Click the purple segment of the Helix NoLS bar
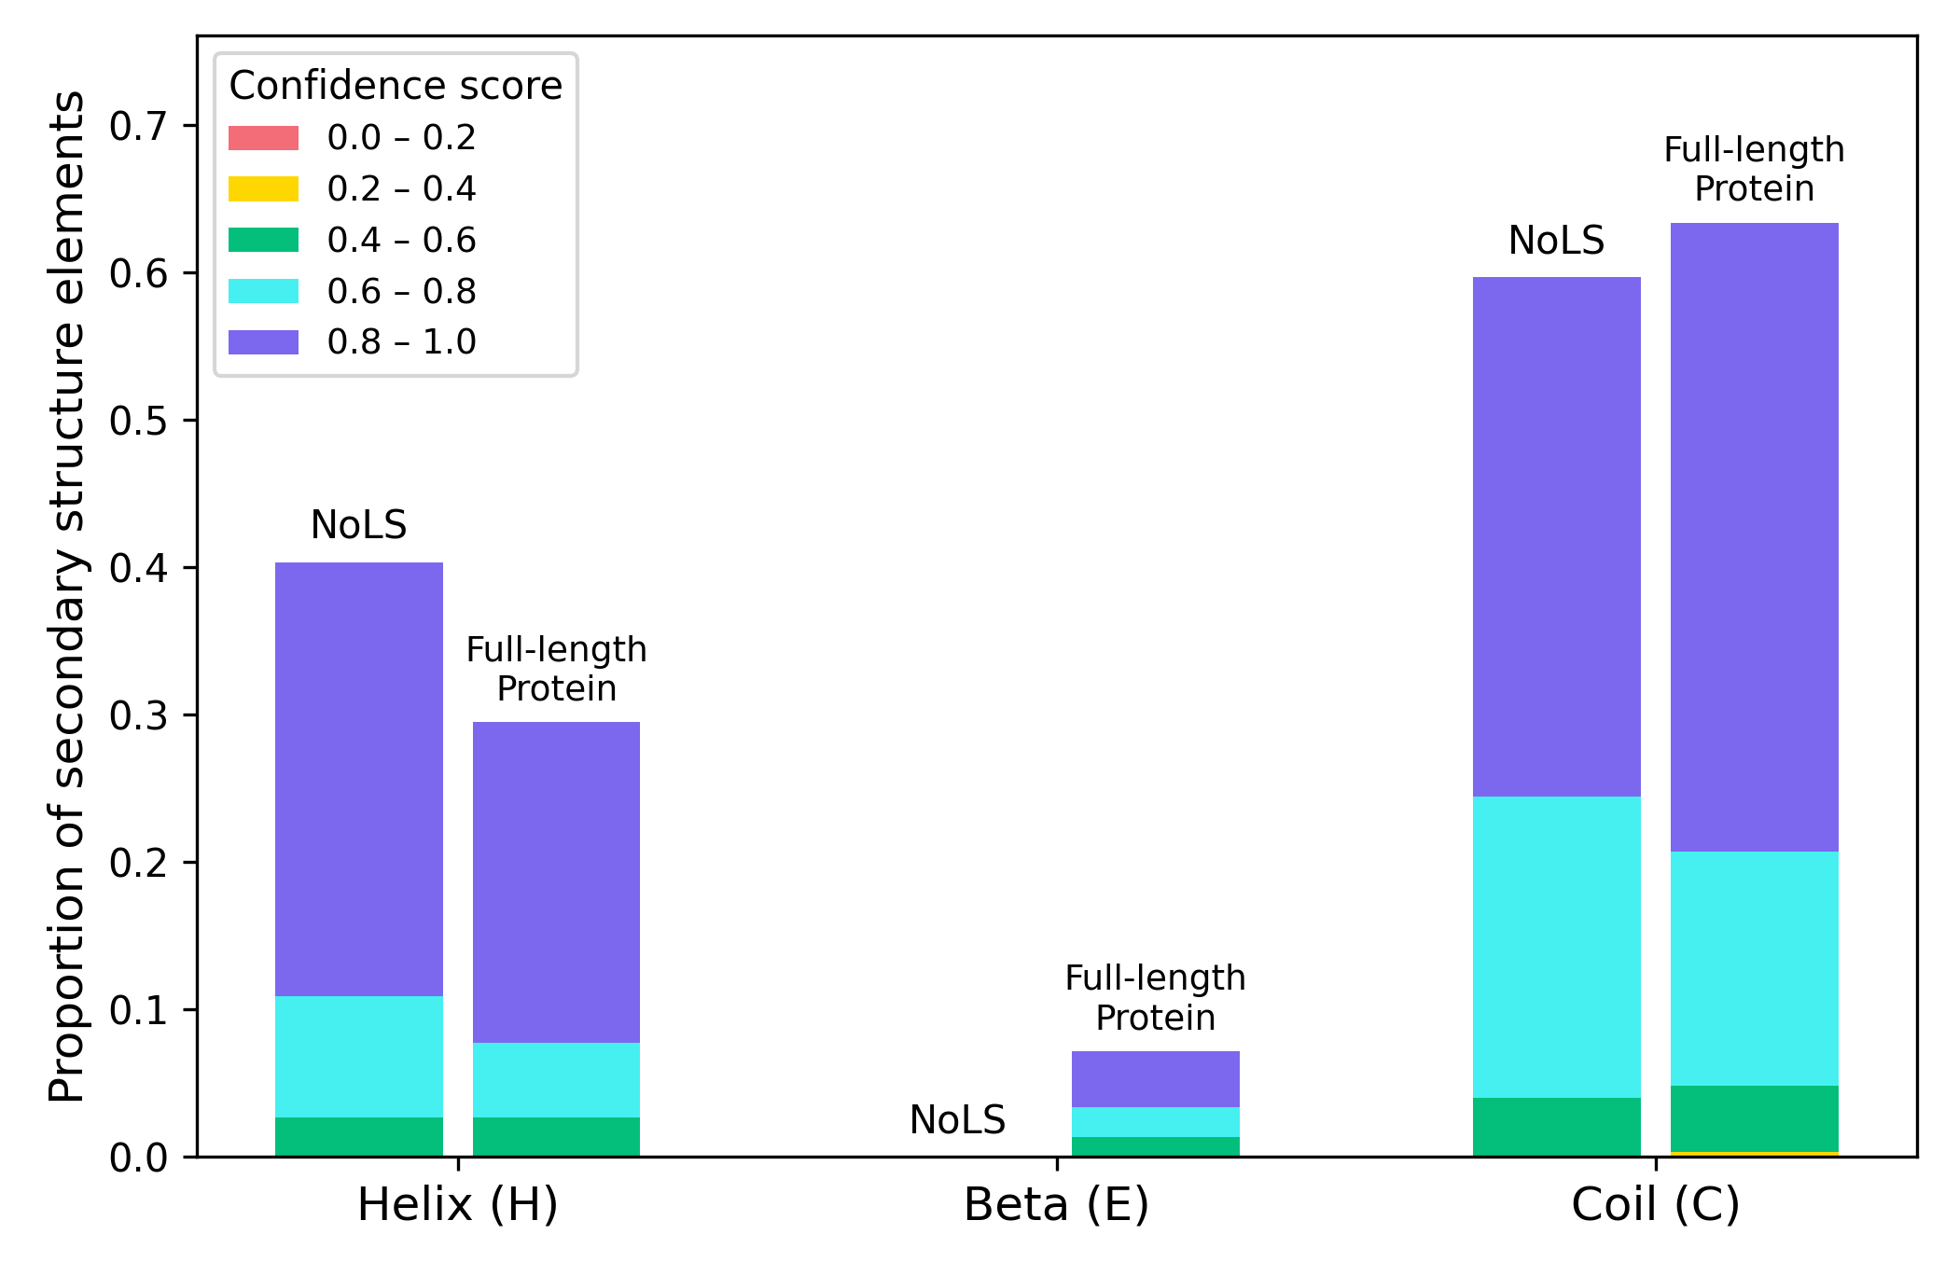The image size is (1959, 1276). (x=359, y=779)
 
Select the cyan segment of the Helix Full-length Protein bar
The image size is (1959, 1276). (x=556, y=1079)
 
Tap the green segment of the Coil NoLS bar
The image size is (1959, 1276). (x=1556, y=1127)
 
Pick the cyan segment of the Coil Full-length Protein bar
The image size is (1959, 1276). (x=1754, y=968)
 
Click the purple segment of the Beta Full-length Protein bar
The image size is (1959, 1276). (x=1155, y=1078)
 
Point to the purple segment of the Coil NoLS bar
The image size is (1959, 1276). (x=1556, y=536)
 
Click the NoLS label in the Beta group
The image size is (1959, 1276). (x=957, y=1119)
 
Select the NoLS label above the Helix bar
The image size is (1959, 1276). (x=359, y=525)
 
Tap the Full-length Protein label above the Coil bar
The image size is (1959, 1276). (x=1754, y=169)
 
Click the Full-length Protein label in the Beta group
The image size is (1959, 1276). (x=1155, y=997)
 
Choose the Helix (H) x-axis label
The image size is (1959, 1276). (x=458, y=1204)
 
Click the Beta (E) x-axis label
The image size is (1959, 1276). (x=1056, y=1204)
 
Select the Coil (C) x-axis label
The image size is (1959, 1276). (x=1655, y=1204)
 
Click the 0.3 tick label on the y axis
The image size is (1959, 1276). (x=140, y=715)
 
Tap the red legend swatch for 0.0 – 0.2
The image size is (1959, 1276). (x=264, y=138)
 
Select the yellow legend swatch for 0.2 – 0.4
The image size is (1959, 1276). (x=264, y=189)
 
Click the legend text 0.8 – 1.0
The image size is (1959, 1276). (x=401, y=342)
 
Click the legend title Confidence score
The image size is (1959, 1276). (x=396, y=86)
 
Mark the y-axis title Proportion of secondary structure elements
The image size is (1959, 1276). (x=67, y=597)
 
